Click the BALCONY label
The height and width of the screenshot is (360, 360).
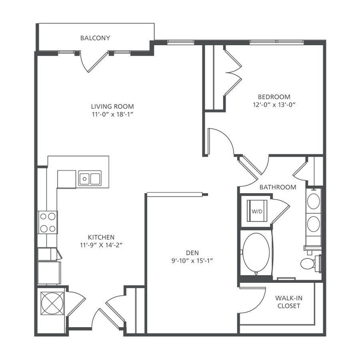95,38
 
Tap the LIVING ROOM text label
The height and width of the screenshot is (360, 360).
112,106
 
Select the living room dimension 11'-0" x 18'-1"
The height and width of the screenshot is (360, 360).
112,114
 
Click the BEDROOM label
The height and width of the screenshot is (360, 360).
274,97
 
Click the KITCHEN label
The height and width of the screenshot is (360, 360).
101,237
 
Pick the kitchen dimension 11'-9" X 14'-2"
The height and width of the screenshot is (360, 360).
101,245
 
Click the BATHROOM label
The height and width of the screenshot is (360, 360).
278,187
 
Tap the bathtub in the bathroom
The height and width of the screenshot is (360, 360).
256,254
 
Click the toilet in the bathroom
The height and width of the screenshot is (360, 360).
310,263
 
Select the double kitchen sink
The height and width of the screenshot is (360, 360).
90,178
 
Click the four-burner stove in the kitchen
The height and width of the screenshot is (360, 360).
48,222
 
